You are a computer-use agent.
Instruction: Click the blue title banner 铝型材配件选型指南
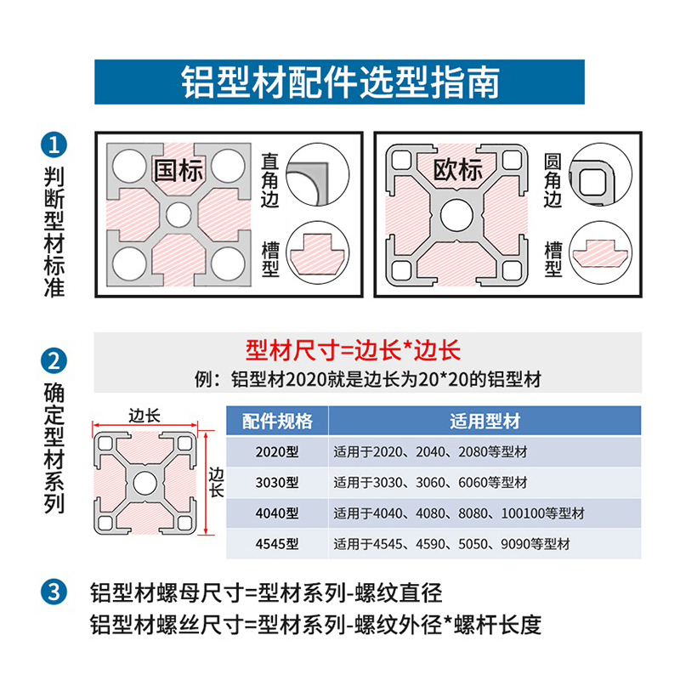(x=340, y=82)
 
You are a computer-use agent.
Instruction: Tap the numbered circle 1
(x=54, y=144)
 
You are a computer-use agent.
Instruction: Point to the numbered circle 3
(x=54, y=592)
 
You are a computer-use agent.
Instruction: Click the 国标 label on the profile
(x=178, y=168)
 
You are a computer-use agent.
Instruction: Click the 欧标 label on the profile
(x=458, y=168)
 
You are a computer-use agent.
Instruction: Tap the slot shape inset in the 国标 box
(x=314, y=252)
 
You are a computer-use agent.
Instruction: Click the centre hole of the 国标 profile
(x=178, y=214)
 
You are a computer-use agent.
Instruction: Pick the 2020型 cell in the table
(x=277, y=452)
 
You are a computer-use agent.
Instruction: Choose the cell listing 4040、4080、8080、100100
(x=459, y=513)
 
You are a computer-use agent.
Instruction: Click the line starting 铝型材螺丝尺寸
(x=314, y=626)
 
